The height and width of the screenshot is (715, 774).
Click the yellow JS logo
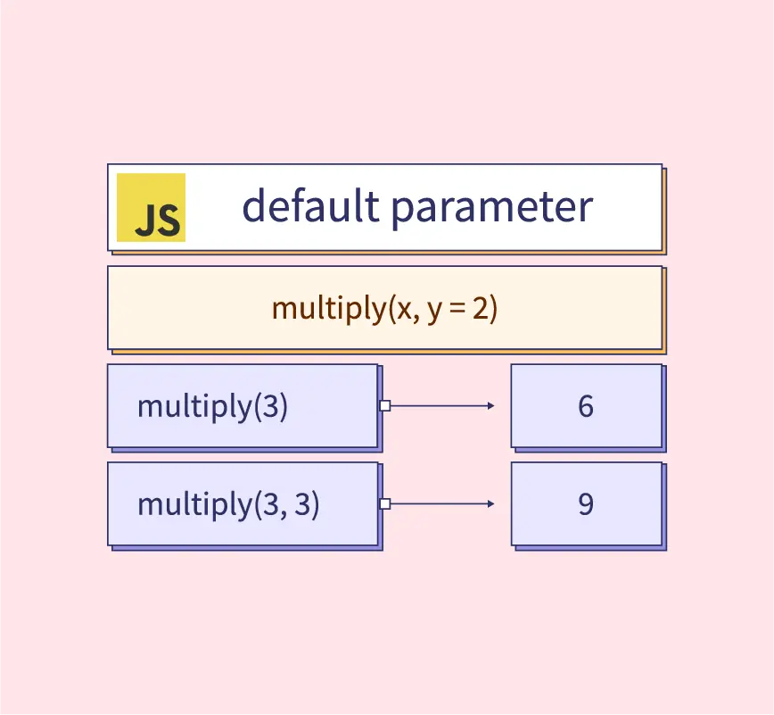151,207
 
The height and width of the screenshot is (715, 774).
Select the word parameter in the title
491,207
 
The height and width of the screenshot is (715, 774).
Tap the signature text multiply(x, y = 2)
384,308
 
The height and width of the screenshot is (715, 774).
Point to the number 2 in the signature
484,308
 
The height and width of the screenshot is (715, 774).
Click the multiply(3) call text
212,406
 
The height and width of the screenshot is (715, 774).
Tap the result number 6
586,406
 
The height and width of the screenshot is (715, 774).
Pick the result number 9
586,504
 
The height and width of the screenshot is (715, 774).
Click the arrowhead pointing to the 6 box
490,405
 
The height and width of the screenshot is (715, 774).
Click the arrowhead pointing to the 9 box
490,503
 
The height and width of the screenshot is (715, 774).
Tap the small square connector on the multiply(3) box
384,405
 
